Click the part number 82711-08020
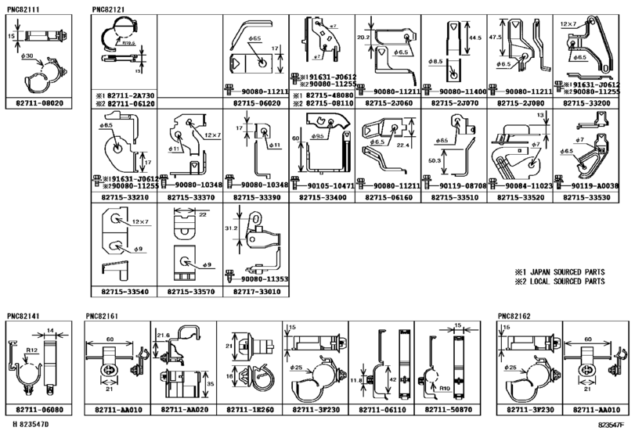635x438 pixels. pos(38,103)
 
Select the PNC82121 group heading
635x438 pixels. pos(106,10)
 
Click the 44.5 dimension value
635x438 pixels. pos(474,38)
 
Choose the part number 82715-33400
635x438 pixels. pos(321,199)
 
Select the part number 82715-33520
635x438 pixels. pos(519,199)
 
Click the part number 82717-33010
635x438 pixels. pos(255,292)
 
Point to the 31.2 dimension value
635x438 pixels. pos(230,229)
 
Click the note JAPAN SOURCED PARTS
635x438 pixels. pos(562,273)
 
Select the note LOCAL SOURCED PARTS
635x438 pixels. pos(562,282)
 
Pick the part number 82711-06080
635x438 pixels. pos(38,410)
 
